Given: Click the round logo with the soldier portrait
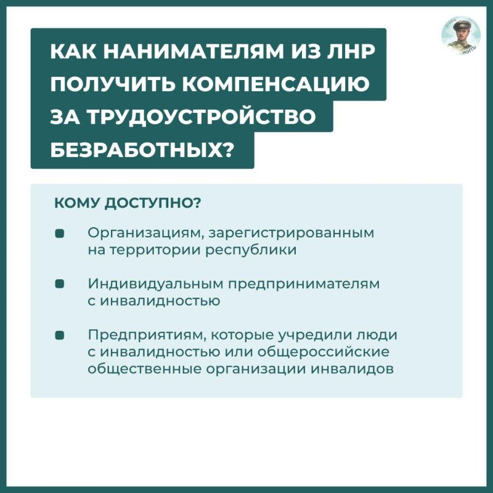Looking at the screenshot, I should coord(460,35).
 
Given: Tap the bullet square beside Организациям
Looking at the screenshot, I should coord(60,234).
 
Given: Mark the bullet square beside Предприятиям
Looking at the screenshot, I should coord(60,335).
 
